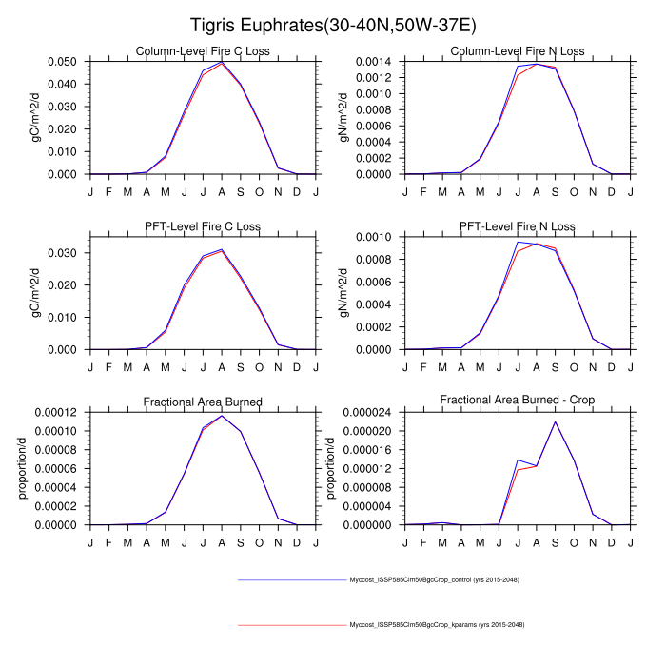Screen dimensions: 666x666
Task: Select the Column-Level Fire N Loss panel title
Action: point(518,50)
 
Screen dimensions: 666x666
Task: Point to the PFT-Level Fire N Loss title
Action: point(518,225)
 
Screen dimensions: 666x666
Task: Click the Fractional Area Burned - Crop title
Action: point(518,402)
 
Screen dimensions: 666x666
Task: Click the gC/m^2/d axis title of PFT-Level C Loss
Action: point(36,292)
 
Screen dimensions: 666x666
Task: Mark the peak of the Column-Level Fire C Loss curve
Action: point(222,62)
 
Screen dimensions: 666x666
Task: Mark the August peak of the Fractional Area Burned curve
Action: point(222,416)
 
